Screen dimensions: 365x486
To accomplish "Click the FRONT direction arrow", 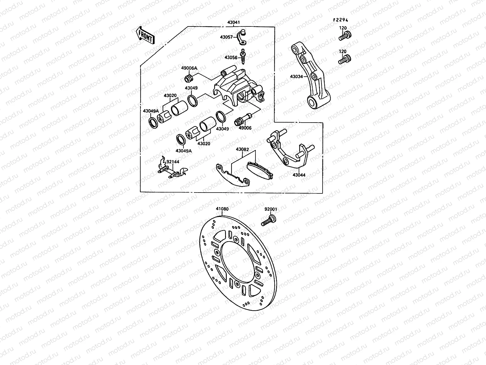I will (x=145, y=35).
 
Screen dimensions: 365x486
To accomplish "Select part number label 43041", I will (x=233, y=22).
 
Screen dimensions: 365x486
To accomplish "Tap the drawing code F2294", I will (x=340, y=20).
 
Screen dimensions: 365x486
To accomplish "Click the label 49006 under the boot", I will (x=245, y=128).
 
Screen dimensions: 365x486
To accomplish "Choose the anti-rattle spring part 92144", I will (x=172, y=170).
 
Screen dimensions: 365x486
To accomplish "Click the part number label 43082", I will (x=242, y=149).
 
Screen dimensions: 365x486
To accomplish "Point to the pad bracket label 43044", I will (x=299, y=175).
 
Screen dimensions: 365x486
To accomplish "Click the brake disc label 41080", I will (x=222, y=209).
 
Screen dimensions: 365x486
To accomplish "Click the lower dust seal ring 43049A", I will (x=182, y=139).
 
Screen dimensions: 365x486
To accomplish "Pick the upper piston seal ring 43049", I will (x=192, y=101).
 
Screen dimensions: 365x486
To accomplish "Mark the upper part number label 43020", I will (x=170, y=96).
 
